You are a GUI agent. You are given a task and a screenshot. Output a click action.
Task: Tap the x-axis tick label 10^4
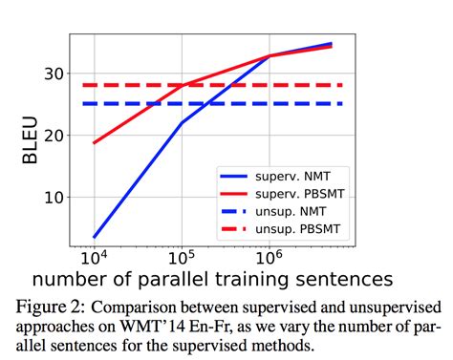click(94, 257)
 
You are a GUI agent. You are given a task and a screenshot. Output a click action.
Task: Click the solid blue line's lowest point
click(94, 237)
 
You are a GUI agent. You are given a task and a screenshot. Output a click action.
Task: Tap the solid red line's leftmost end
click(94, 143)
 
